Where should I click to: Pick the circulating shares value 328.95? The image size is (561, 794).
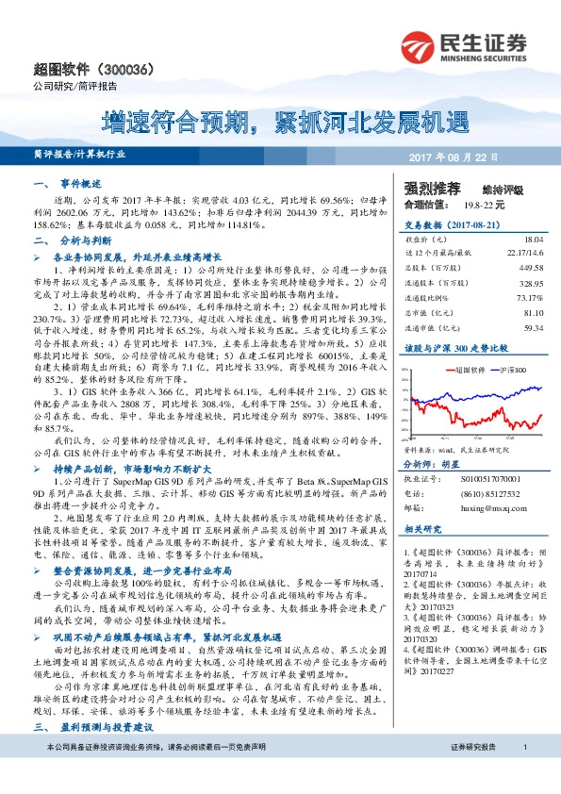(x=530, y=283)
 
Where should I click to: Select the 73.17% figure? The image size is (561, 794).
(x=529, y=298)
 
